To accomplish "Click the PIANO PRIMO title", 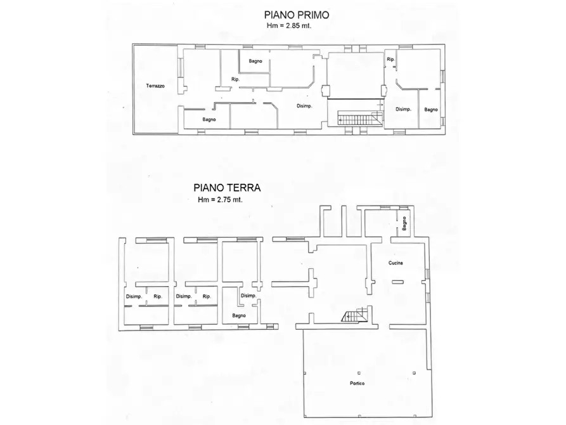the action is coord(297,15).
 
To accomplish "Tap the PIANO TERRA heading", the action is coord(227,188).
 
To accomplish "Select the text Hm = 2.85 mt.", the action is coord(289,25).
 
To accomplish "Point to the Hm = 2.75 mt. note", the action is coord(220,199).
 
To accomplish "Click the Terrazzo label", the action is coord(155,86).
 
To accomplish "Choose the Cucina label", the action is coord(396,263).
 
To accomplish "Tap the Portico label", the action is coord(357,383).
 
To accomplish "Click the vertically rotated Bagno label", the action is coord(404,223).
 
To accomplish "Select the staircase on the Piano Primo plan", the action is coord(360,118).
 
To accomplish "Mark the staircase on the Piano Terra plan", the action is coord(356,314).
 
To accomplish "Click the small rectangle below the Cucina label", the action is coord(398,282).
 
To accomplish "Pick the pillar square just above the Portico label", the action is coord(359,373).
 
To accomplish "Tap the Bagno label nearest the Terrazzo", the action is coord(209,119).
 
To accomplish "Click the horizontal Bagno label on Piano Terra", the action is coord(239,315).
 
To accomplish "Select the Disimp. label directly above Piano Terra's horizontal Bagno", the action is coord(248,296).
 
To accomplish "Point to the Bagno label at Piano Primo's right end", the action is coord(431,110).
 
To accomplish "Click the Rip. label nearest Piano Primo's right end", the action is coord(391,59).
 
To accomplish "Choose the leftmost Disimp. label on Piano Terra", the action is coord(134,296).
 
